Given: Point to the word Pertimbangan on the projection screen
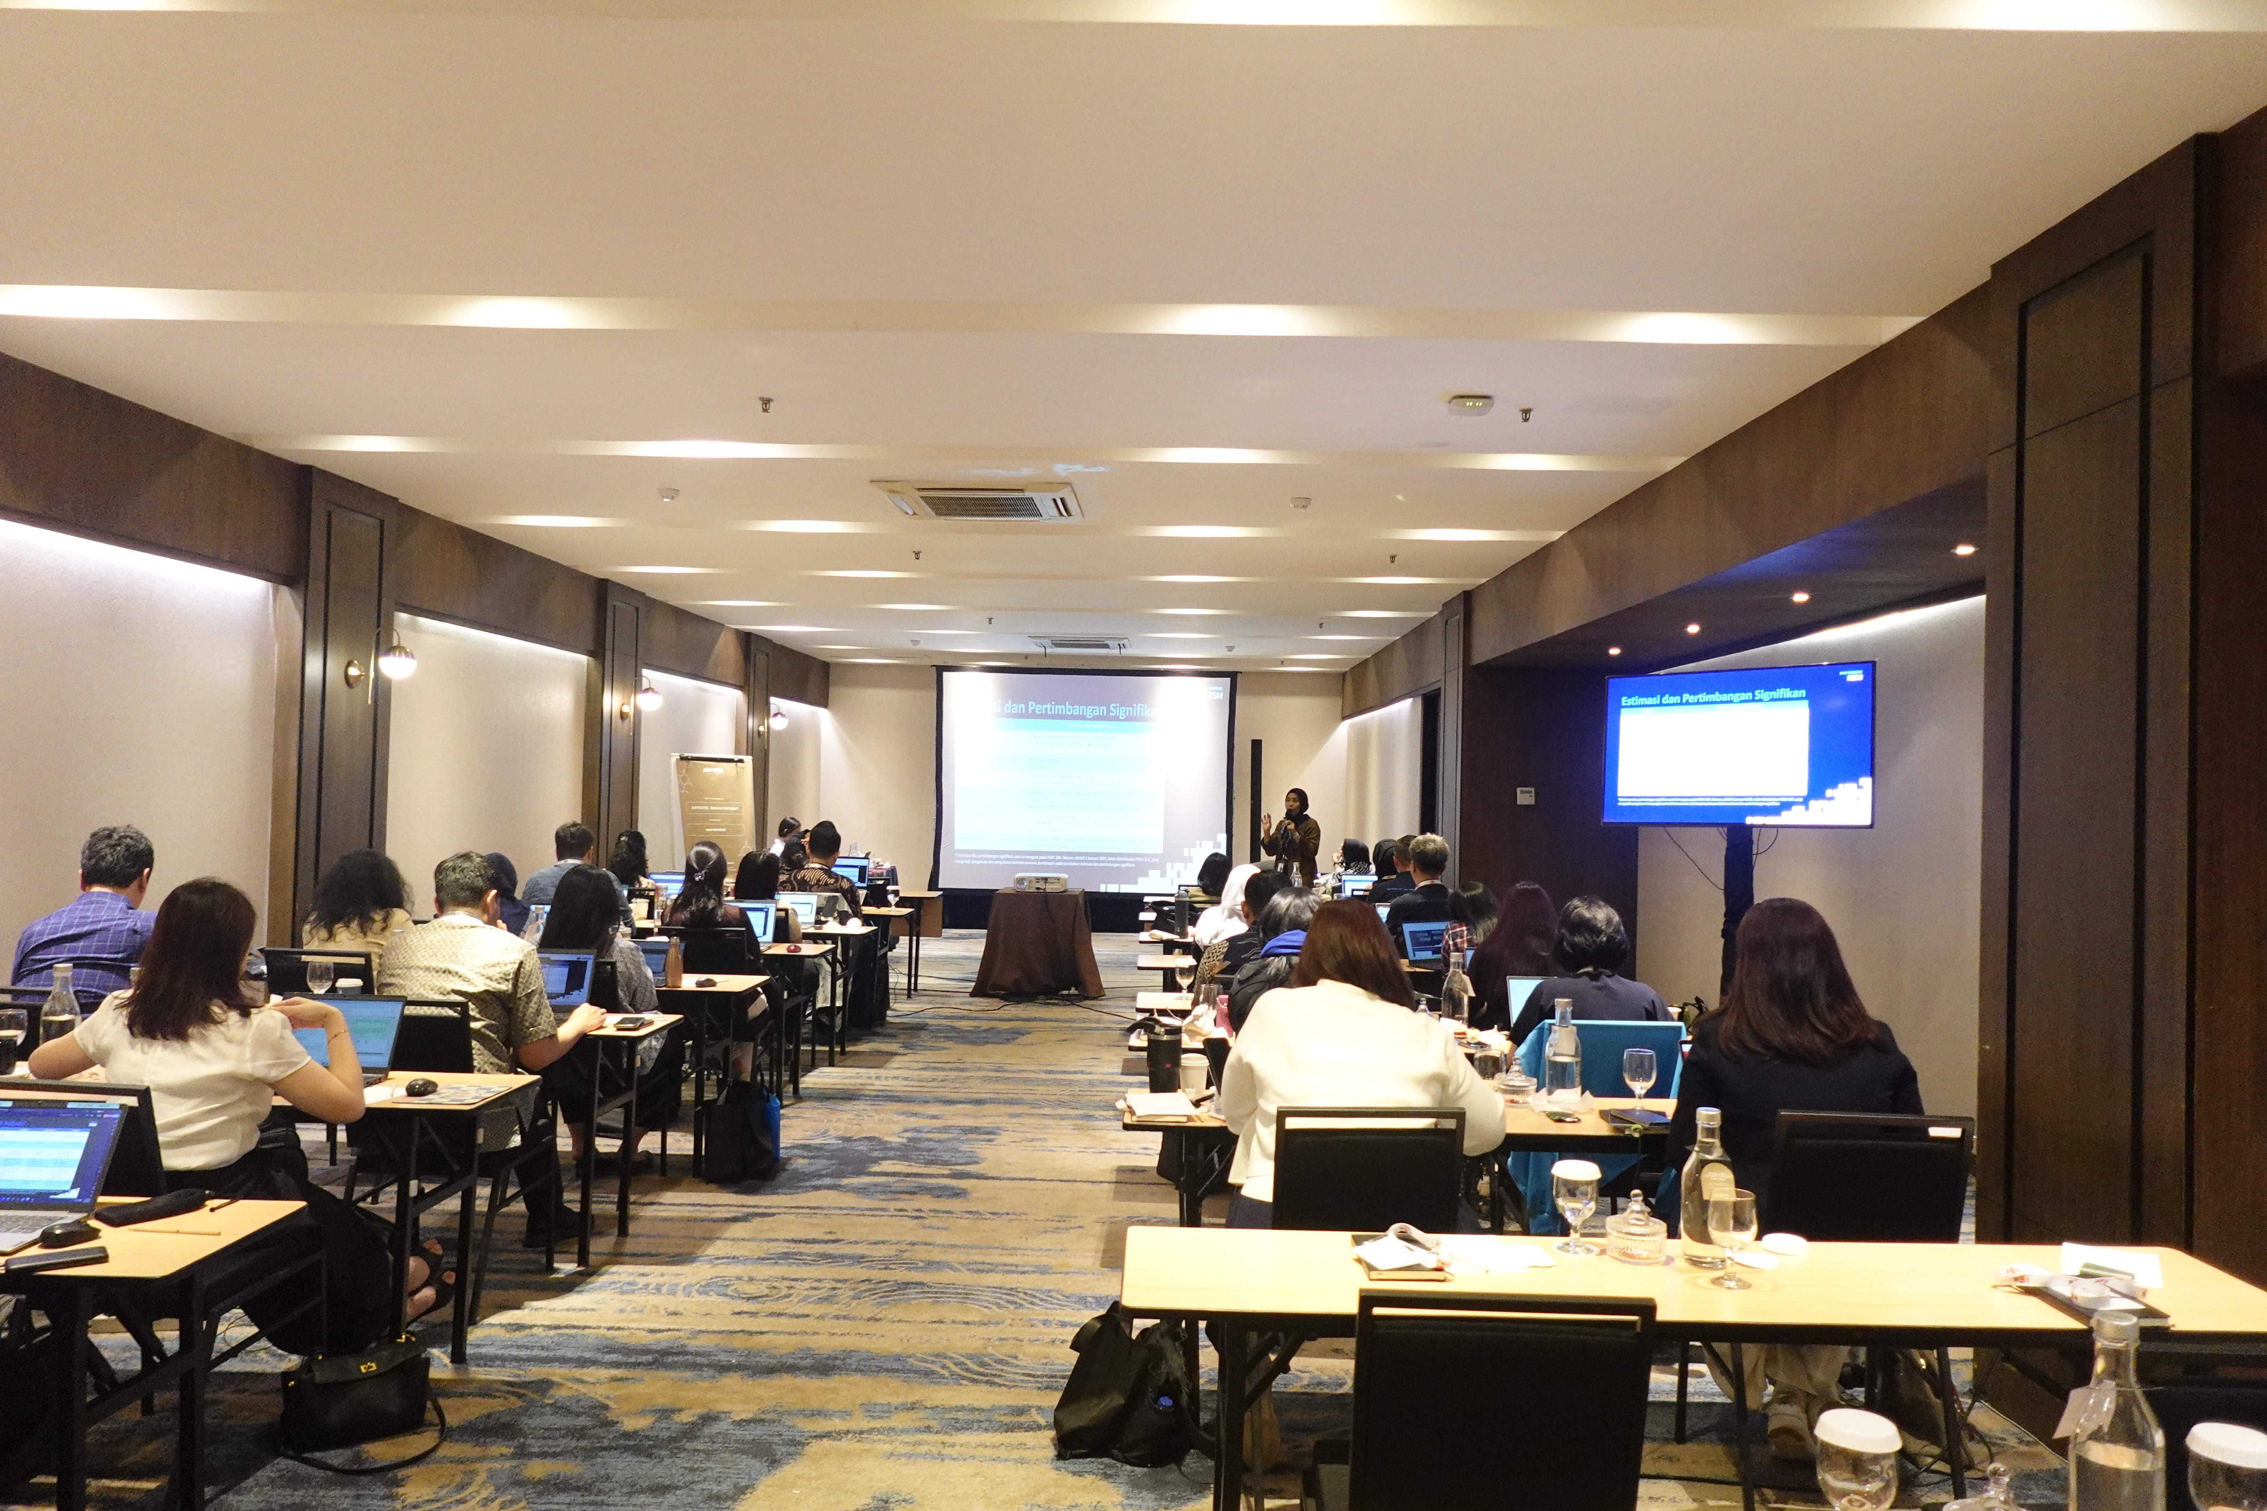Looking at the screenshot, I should (1077, 709).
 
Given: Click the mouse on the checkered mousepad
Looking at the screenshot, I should (421, 1087).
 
